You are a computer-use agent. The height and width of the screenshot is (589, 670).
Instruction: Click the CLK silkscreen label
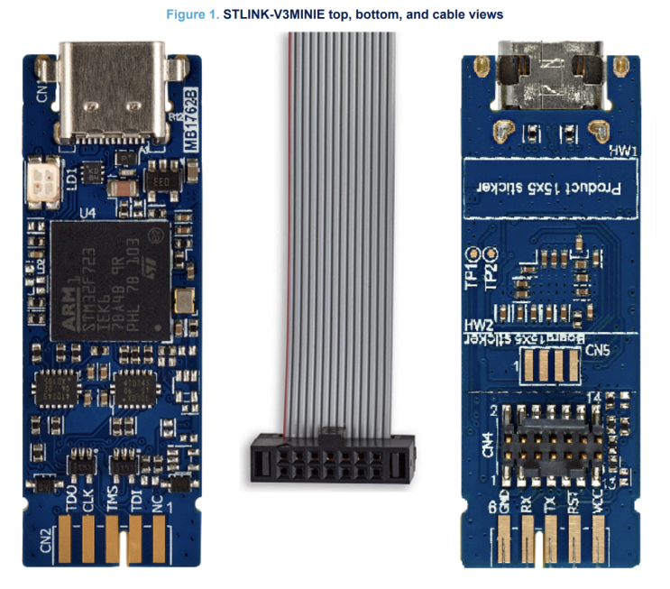(87, 499)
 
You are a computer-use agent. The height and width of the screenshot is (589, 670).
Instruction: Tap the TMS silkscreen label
(112, 499)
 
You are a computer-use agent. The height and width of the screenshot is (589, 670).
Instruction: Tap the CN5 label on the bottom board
(596, 349)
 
